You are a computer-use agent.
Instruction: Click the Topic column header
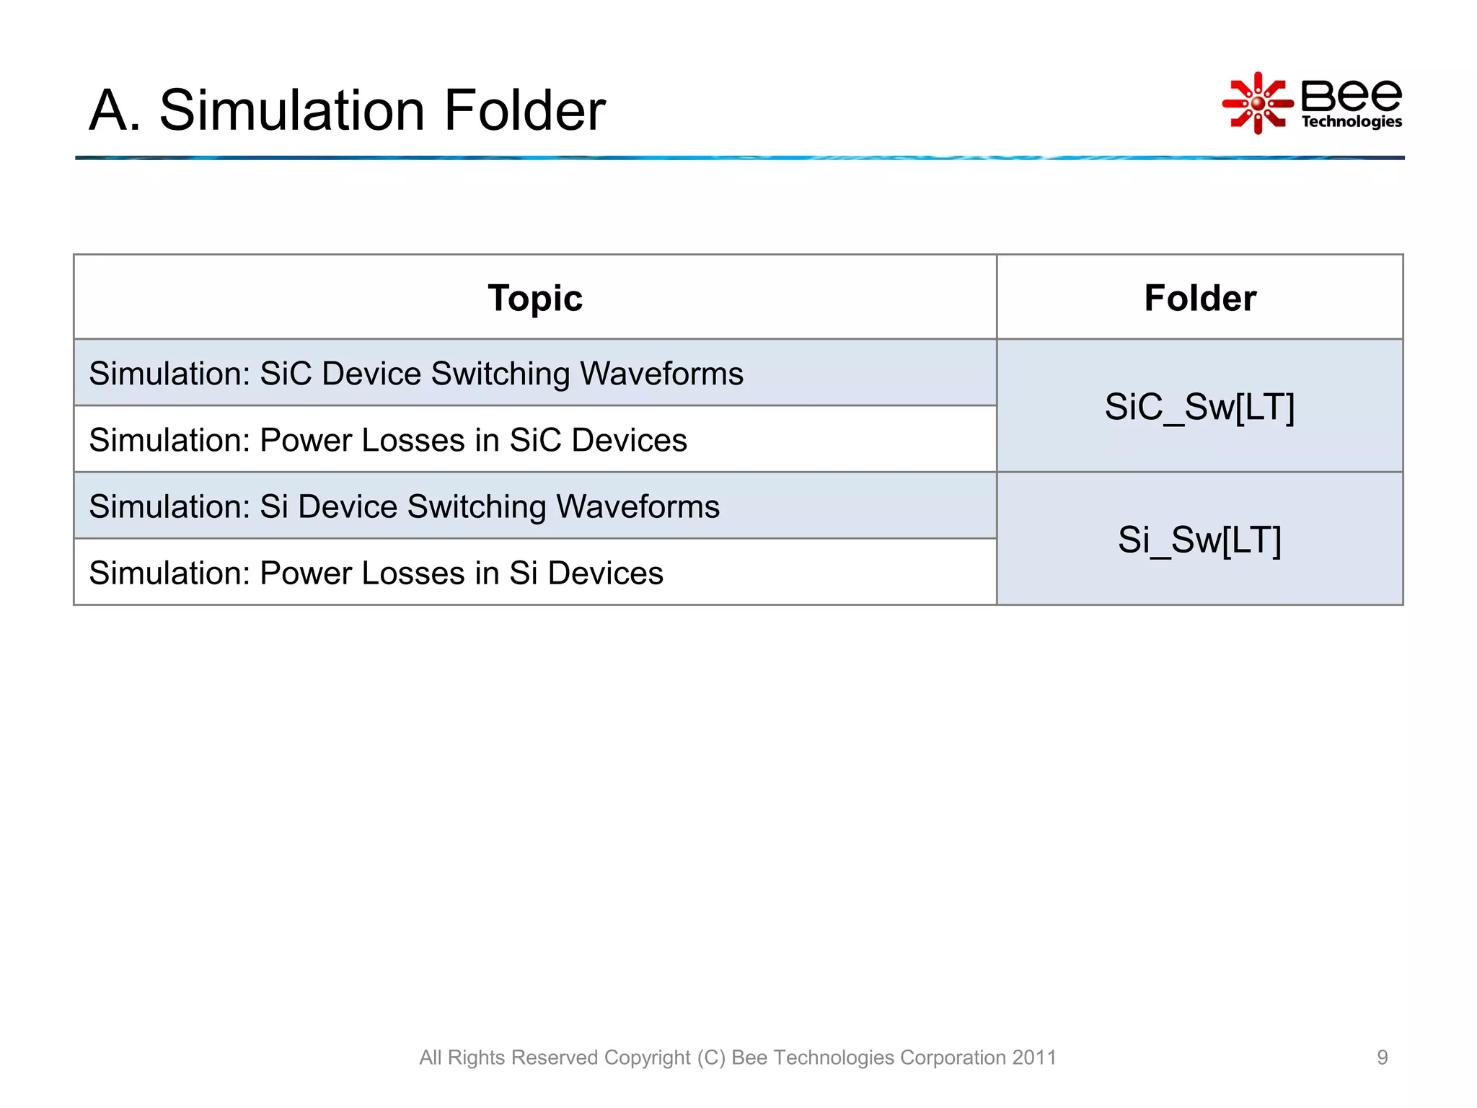tap(534, 298)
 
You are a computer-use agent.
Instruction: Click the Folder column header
tap(1200, 298)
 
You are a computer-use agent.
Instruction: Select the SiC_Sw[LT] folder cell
tap(1199, 407)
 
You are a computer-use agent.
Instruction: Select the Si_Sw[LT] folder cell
tap(1199, 540)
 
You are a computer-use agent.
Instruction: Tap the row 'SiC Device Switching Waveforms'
tap(416, 374)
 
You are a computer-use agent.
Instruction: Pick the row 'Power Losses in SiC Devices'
tap(388, 440)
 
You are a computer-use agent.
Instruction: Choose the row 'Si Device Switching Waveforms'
tap(404, 506)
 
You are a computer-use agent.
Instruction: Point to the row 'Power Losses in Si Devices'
tap(376, 573)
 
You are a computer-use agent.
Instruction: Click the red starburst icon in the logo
tap(1258, 103)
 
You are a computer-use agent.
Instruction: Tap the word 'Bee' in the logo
tap(1351, 95)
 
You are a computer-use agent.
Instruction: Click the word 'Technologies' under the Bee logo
tap(1352, 122)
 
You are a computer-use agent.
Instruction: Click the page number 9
tap(1382, 1058)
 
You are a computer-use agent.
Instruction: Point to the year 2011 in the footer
tap(1034, 1058)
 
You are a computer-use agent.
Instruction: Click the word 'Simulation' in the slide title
tap(292, 110)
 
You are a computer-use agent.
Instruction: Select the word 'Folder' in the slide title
tap(524, 110)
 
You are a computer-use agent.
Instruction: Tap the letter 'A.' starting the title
tap(114, 110)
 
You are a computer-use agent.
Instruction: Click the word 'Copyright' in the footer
tap(647, 1058)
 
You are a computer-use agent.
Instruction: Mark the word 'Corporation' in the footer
tap(953, 1058)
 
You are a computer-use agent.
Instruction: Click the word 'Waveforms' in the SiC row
tap(661, 374)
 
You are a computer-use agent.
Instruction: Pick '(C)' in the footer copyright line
tap(711, 1058)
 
